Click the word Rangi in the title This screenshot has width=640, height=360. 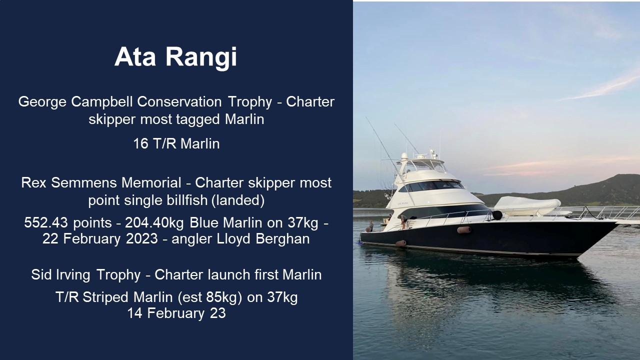pyautogui.click(x=201, y=57)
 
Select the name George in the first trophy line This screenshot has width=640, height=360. pyautogui.click(x=42, y=102)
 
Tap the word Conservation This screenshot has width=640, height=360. pyautogui.click(x=179, y=101)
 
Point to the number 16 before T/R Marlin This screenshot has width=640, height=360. pyautogui.click(x=140, y=143)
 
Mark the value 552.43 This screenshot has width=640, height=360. pyautogui.click(x=46, y=222)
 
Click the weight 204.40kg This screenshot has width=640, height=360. pyautogui.click(x=154, y=223)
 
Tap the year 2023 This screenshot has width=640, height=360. pyautogui.click(x=142, y=239)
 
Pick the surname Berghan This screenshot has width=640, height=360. pyautogui.click(x=282, y=239)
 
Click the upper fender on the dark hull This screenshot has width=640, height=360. pyautogui.click(x=464, y=230)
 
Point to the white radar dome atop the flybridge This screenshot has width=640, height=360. pyautogui.click(x=404, y=156)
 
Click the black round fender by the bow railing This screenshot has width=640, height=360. pyautogui.click(x=497, y=215)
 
